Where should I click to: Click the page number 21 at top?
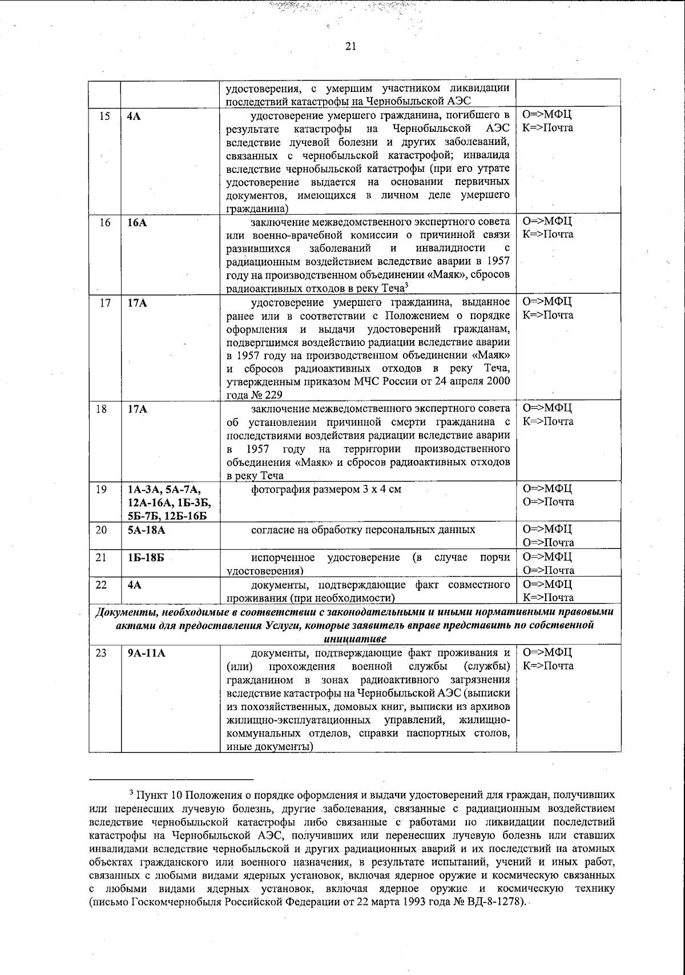tap(350, 47)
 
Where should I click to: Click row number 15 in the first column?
tap(104, 115)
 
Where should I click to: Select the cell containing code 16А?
tap(137, 223)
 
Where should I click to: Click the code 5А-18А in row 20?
tap(147, 530)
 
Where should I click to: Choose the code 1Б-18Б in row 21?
tap(146, 557)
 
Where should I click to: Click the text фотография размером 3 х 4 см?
tap(326, 489)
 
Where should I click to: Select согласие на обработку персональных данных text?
tap(363, 530)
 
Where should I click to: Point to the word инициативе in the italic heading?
tap(354, 638)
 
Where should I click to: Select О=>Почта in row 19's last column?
tap(548, 502)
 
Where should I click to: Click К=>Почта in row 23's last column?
tap(548, 666)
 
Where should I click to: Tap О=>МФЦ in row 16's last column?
tap(547, 221)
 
